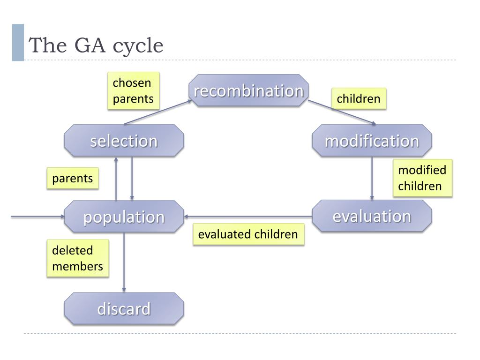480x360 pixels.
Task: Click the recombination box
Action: (x=248, y=90)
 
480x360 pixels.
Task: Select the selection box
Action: (x=124, y=141)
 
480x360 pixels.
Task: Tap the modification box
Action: (x=372, y=141)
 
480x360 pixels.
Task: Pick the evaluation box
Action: (x=372, y=216)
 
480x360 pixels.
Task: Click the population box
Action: (x=124, y=217)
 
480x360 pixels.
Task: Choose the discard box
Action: (x=124, y=308)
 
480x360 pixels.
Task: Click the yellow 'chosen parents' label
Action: (x=133, y=91)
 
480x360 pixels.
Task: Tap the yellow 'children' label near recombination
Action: (x=359, y=99)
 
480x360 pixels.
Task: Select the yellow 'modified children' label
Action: (x=422, y=178)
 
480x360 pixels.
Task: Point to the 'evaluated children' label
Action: (x=248, y=234)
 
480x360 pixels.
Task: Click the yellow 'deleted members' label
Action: (x=77, y=258)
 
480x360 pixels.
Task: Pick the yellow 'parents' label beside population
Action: (x=73, y=179)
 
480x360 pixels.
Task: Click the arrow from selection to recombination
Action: (x=157, y=112)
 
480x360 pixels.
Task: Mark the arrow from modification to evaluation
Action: (x=372, y=178)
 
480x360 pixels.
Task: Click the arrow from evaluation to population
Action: (x=248, y=217)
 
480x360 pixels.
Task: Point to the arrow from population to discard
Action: (x=124, y=262)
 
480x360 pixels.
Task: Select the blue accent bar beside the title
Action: (x=18, y=42)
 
